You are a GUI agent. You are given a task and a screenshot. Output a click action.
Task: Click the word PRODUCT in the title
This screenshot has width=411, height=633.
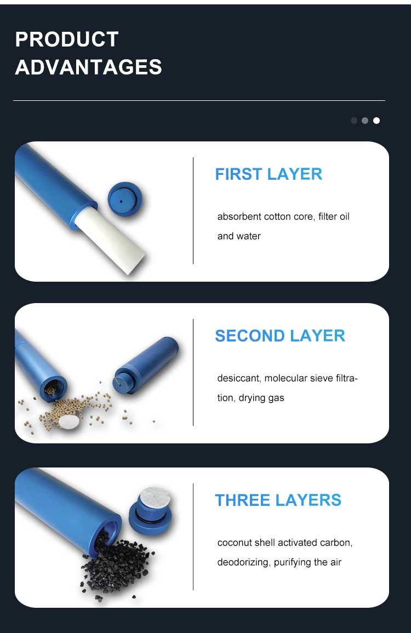click(x=67, y=39)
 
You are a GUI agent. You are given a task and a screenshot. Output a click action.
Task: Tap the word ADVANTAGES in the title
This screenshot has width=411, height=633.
click(x=88, y=67)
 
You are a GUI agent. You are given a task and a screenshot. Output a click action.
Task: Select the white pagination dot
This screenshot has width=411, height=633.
click(x=376, y=121)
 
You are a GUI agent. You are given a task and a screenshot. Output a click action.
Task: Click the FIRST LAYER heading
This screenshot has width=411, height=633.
click(x=269, y=174)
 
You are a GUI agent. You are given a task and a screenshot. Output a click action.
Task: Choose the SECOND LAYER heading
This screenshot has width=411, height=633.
click(x=280, y=336)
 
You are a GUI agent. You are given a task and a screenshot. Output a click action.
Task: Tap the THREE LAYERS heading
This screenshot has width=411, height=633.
click(x=278, y=500)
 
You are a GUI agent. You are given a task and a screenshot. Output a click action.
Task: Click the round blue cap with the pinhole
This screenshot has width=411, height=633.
click(x=125, y=200)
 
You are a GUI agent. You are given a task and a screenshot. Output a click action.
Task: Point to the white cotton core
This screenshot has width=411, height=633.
click(x=111, y=238)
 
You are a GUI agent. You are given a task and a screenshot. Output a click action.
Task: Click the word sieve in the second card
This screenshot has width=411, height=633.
click(x=322, y=378)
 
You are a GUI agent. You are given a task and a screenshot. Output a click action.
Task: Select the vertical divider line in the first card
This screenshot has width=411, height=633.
click(x=193, y=211)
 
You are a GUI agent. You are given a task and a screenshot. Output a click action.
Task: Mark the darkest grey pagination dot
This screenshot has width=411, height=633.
click(x=354, y=121)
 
